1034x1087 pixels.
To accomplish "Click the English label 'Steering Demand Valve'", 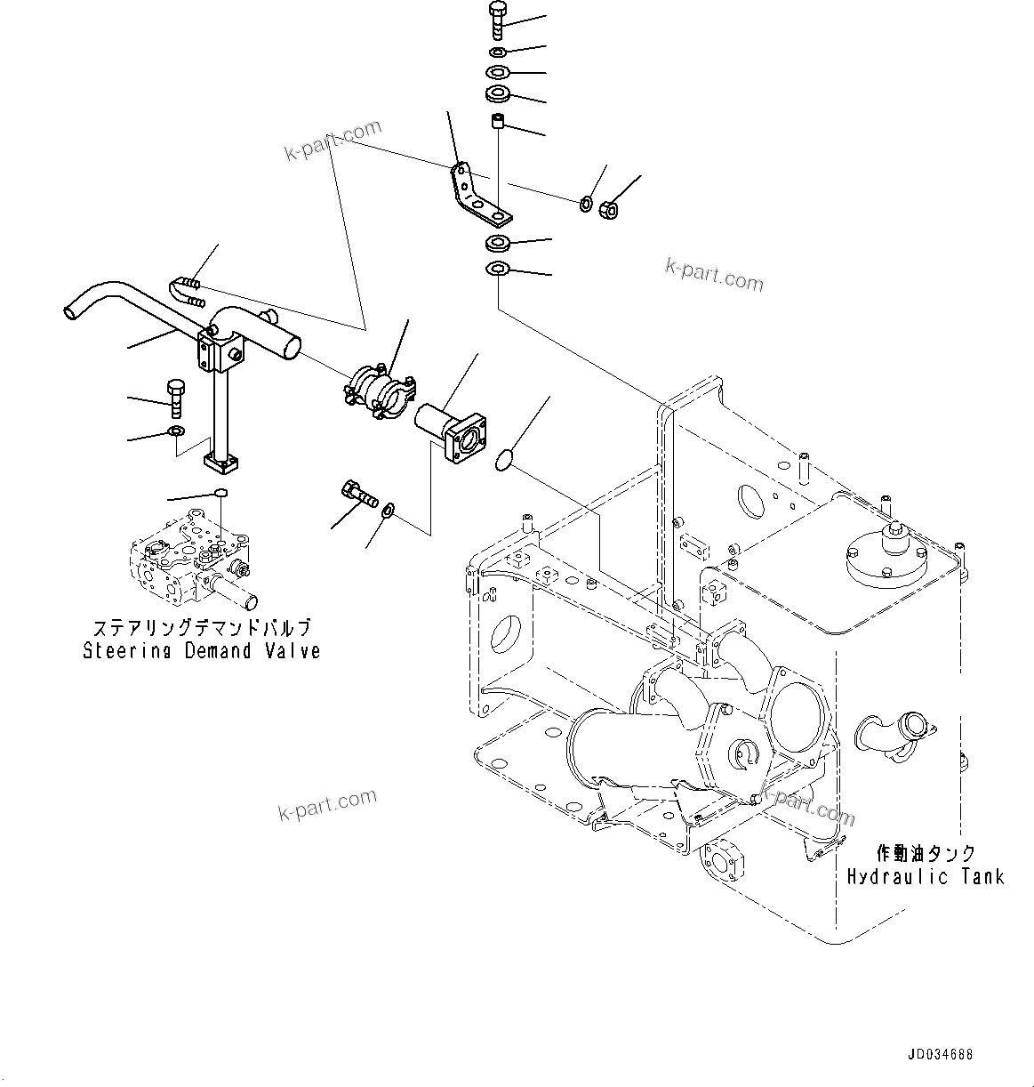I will tap(201, 651).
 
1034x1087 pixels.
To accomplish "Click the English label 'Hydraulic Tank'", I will tap(925, 876).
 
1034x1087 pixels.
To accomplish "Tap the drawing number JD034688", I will tap(940, 1055).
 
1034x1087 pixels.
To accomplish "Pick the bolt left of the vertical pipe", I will tap(174, 398).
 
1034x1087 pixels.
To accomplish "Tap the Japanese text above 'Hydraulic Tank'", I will tap(926, 853).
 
